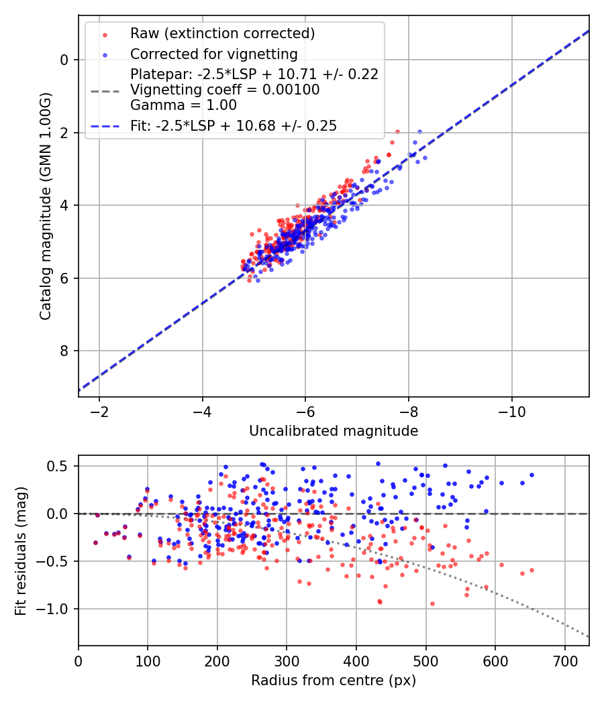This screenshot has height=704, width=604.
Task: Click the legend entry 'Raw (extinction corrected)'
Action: pyautogui.click(x=222, y=34)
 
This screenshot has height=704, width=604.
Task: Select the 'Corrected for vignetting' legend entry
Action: pyautogui.click(x=213, y=54)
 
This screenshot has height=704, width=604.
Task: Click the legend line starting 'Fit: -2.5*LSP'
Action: pyautogui.click(x=234, y=125)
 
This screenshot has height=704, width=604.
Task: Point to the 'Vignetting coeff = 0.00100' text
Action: pyautogui.click(x=225, y=90)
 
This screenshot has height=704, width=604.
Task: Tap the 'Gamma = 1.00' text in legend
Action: pyautogui.click(x=183, y=105)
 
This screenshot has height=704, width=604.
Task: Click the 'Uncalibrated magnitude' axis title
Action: pyautogui.click(x=334, y=431)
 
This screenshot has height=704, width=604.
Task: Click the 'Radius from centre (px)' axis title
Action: pyautogui.click(x=334, y=681)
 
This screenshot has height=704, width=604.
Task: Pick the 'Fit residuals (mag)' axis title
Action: pyautogui.click(x=21, y=550)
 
